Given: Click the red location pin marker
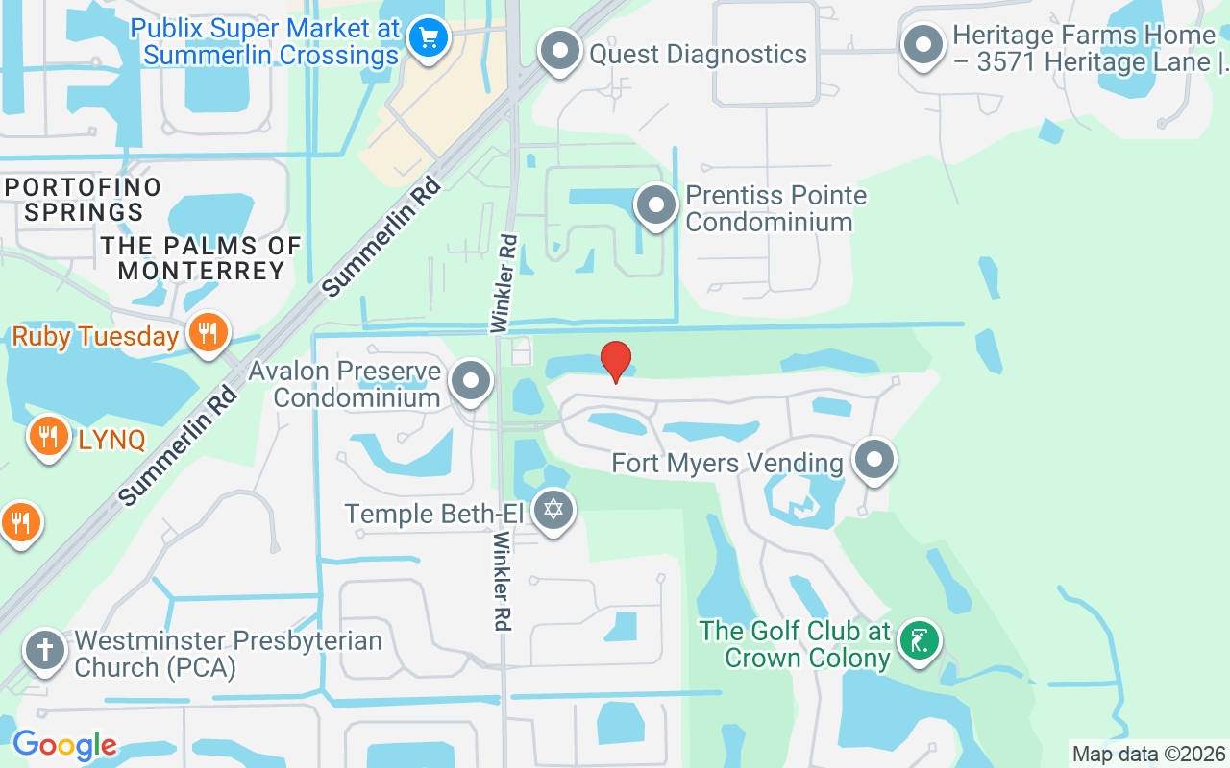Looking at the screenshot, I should click(x=616, y=361).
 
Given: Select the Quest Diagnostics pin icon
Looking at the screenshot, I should click(x=560, y=50).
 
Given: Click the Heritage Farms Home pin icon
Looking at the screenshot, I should click(x=923, y=45).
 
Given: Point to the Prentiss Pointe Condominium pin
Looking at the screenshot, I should click(x=657, y=204).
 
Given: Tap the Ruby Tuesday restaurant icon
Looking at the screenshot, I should click(x=207, y=333).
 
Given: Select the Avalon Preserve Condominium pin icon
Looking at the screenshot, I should click(x=471, y=380).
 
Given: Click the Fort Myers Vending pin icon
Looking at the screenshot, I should click(x=874, y=460).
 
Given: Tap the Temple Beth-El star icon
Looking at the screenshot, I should click(x=553, y=509).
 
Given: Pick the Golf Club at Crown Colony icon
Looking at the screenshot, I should click(x=919, y=640).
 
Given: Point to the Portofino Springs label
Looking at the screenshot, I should click(x=84, y=199).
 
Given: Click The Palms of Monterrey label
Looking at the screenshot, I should click(x=202, y=258).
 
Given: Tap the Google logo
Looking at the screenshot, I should click(x=64, y=745).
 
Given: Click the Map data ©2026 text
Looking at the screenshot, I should click(x=1148, y=754).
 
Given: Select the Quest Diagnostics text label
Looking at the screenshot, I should click(x=698, y=54).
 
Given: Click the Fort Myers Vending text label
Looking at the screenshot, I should click(x=727, y=464).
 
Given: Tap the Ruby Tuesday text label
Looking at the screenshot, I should click(x=95, y=337).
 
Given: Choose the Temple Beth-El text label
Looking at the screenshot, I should click(x=433, y=514).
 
